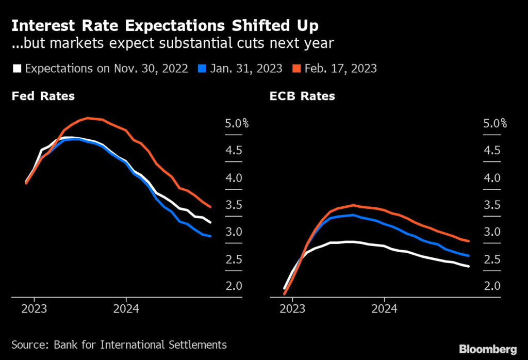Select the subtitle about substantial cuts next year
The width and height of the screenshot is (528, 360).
click(173, 43)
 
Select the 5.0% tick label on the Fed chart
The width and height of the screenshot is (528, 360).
click(237, 124)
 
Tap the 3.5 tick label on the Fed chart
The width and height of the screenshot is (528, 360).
click(234, 205)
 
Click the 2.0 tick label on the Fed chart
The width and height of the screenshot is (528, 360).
click(234, 286)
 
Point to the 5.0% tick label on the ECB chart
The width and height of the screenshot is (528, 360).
click(494, 124)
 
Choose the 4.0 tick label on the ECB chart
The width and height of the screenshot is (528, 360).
click(491, 178)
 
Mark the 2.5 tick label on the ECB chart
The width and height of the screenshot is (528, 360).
click(491, 259)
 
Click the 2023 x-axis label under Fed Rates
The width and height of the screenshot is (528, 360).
click(34, 309)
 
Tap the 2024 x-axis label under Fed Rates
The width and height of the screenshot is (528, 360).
click(126, 309)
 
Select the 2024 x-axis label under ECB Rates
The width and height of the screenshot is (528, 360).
click(384, 309)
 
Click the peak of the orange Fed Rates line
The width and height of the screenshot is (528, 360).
click(89, 118)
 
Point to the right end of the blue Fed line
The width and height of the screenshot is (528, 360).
click(210, 236)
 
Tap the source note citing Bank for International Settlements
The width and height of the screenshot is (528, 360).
click(119, 344)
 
